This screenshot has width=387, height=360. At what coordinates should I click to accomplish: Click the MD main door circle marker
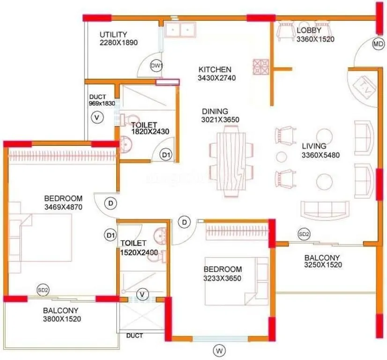click(x=378, y=45)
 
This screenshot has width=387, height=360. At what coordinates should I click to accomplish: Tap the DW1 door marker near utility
click(x=156, y=67)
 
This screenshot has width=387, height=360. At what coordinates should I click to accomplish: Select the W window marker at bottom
click(x=218, y=349)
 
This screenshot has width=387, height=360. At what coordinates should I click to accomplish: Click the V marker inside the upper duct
click(x=97, y=117)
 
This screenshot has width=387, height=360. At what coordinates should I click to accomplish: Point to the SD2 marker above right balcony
click(x=304, y=234)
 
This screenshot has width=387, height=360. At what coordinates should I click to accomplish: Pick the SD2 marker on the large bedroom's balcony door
click(x=43, y=290)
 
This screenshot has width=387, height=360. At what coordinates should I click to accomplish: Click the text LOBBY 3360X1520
click(x=315, y=35)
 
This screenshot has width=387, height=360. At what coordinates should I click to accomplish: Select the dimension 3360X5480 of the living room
click(x=320, y=155)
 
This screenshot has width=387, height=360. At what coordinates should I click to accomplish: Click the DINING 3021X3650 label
click(x=221, y=115)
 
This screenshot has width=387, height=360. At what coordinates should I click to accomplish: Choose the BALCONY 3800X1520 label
click(x=61, y=315)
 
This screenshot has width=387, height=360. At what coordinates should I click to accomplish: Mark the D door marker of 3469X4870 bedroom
click(x=111, y=203)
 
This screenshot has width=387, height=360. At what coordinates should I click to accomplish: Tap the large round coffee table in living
click(x=323, y=180)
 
